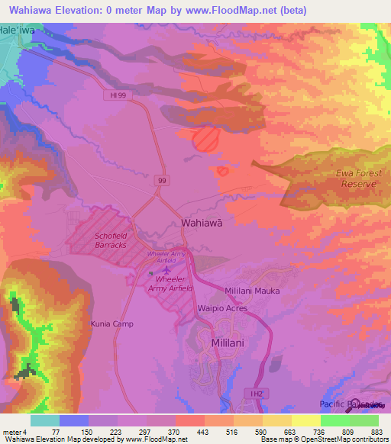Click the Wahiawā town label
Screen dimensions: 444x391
coord(202,223)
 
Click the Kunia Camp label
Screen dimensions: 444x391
coord(111,323)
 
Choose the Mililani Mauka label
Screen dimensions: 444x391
coord(252,291)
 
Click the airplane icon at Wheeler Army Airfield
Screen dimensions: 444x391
coord(166,271)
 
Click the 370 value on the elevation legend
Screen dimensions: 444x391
coord(175,433)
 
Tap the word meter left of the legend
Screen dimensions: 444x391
coord(11,433)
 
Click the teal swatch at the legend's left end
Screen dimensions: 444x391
coord(44,420)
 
